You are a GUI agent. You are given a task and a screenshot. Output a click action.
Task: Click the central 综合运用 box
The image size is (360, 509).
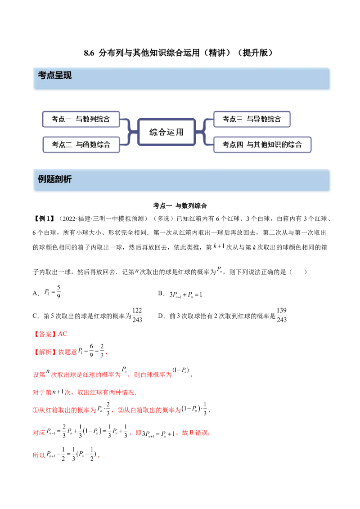coord(166,132)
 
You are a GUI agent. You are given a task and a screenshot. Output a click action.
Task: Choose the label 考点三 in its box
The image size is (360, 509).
coord(233,119)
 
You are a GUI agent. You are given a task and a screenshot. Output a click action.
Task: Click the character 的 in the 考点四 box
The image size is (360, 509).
coord(285,145)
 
